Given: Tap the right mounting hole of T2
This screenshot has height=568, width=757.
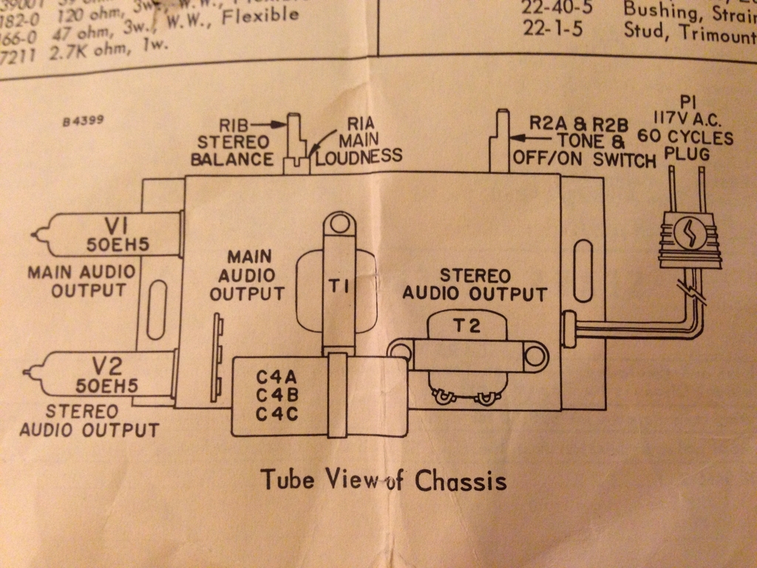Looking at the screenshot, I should tap(534, 356).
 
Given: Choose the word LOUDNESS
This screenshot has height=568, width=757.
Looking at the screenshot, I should tap(359, 155).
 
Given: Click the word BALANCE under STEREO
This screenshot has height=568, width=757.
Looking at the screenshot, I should tap(232, 158).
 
